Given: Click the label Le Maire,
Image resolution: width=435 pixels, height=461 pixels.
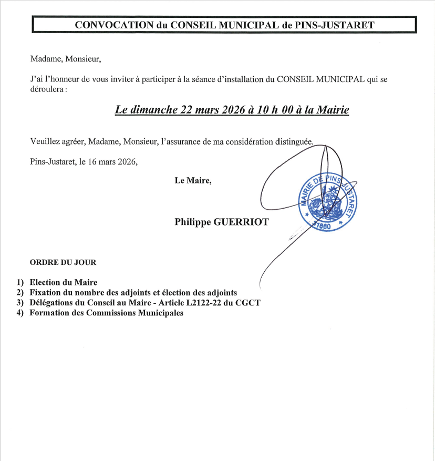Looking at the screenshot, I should pyautogui.click(x=193, y=180).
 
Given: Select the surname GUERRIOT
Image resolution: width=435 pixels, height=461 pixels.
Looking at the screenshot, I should pyautogui.click(x=241, y=222).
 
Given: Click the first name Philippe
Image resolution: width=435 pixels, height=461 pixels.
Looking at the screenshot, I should pyautogui.click(x=193, y=222).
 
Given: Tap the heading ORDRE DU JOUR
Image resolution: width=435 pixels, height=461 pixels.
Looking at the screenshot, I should pyautogui.click(x=63, y=262).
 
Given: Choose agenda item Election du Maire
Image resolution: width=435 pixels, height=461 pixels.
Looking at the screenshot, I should pyautogui.click(x=64, y=282).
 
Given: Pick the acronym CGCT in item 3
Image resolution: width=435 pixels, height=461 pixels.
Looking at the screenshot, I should pyautogui.click(x=250, y=303).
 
